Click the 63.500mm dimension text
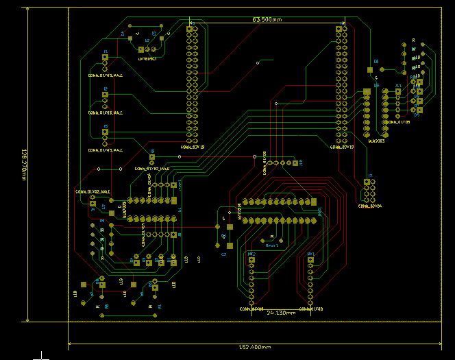pos(267,20)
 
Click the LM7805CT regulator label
pos(147,59)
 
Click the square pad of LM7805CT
pos(140,50)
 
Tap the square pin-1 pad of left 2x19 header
pos(188,29)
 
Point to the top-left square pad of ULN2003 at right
pos(367,91)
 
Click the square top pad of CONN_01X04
pos(369,183)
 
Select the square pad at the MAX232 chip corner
pos(315,202)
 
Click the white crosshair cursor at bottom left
pos(42,355)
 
